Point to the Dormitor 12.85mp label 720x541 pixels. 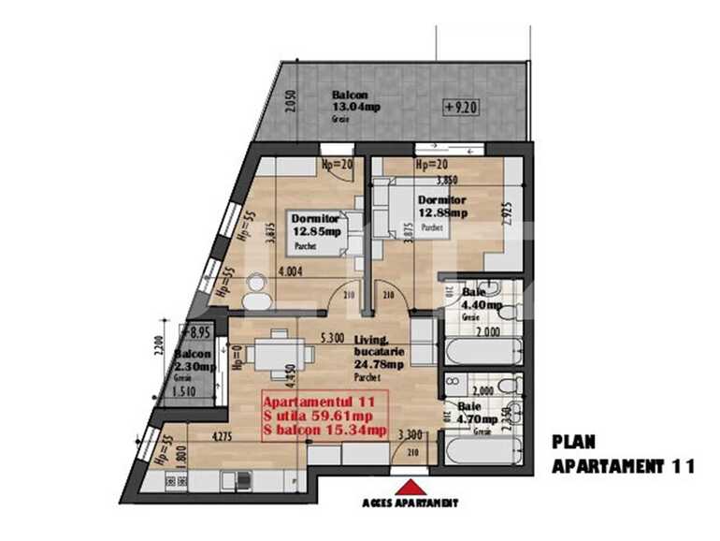(x=315, y=225)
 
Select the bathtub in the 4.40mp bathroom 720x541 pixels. (x=483, y=352)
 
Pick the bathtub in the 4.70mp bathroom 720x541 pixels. (x=483, y=451)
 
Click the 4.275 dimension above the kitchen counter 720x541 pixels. (x=223, y=435)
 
